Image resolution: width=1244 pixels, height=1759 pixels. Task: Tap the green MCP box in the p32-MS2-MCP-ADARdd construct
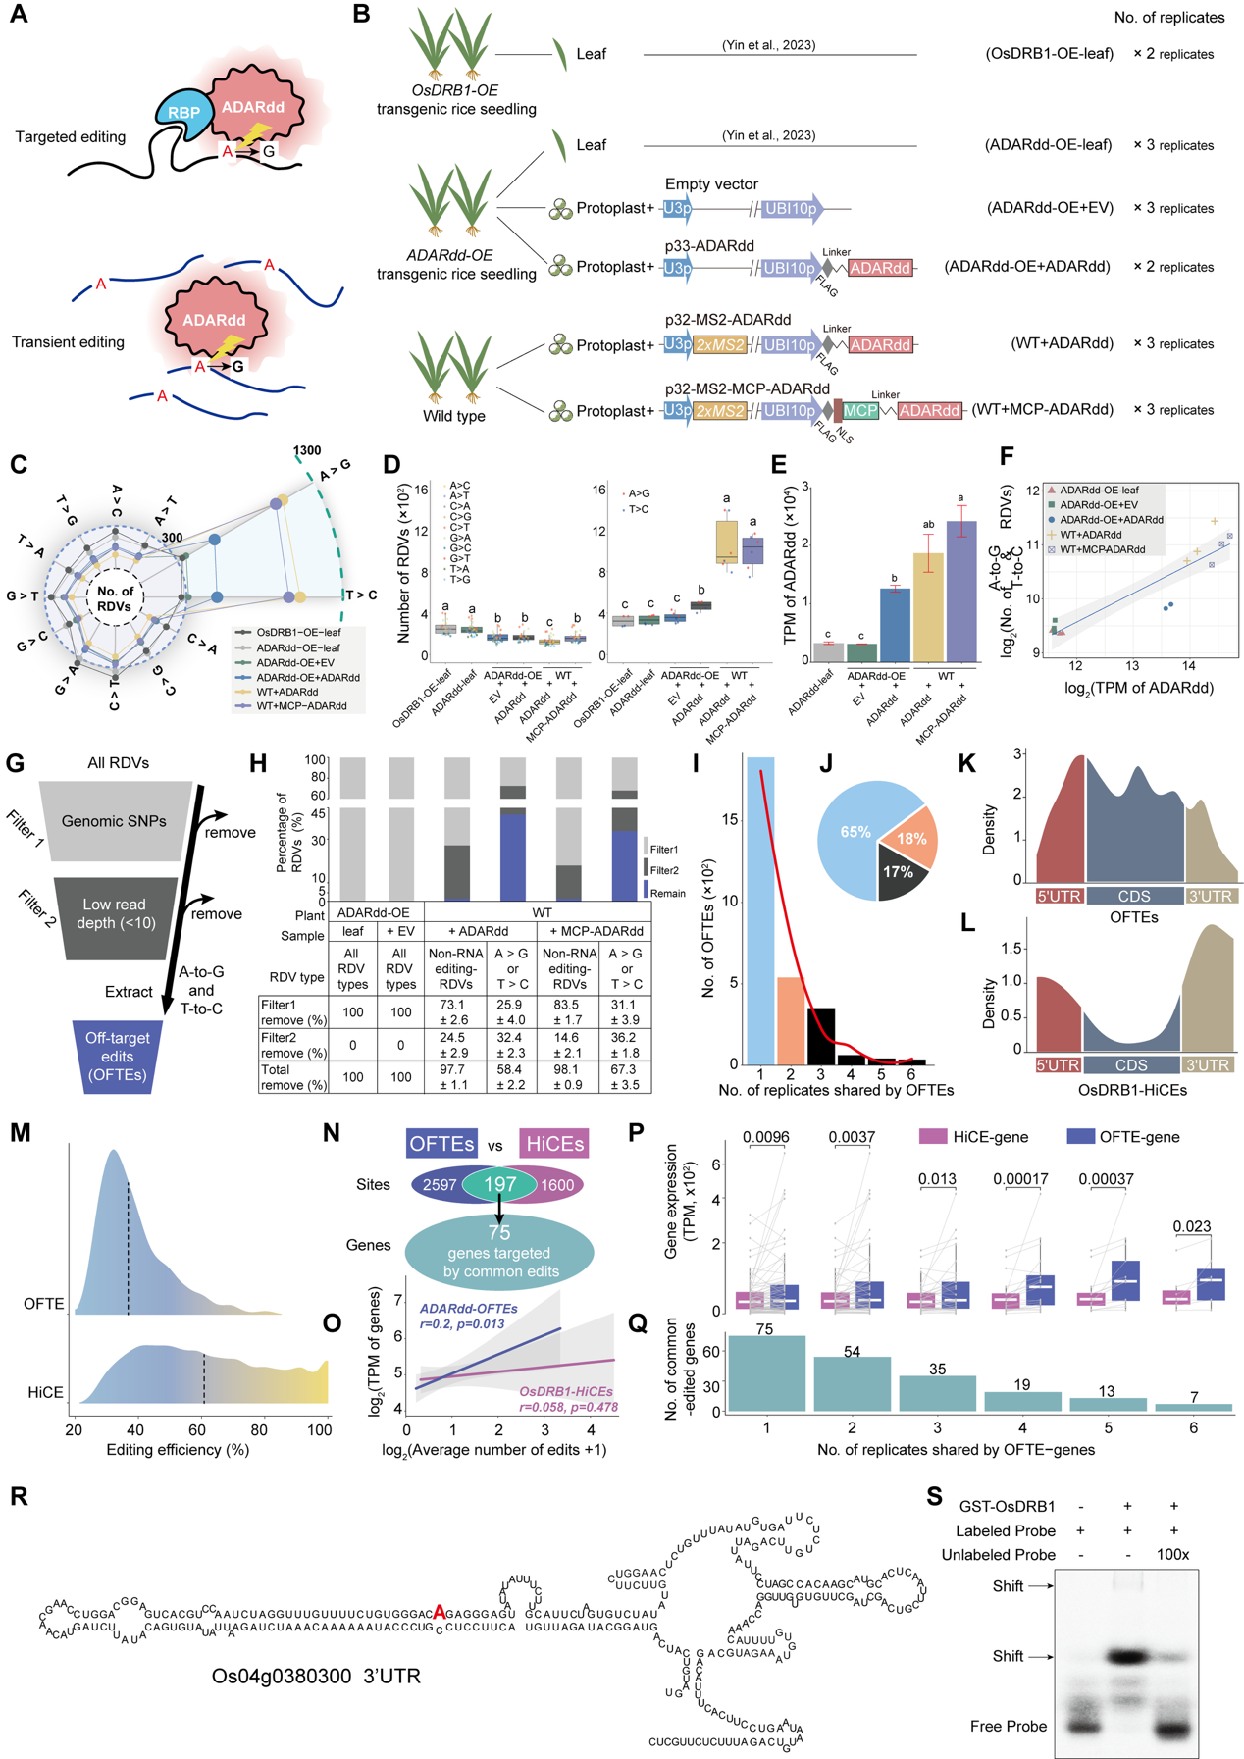point(860,411)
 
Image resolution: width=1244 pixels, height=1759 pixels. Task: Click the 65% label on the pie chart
point(855,832)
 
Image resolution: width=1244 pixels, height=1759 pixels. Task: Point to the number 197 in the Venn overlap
point(499,1184)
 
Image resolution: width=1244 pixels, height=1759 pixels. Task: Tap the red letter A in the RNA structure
point(440,1611)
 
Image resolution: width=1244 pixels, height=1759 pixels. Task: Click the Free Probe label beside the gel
point(1008,1726)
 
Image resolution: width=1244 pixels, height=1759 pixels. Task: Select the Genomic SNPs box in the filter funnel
point(114,821)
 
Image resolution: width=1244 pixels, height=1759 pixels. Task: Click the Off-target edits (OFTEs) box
point(117,1056)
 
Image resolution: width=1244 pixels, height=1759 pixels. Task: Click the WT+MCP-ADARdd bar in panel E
point(961,591)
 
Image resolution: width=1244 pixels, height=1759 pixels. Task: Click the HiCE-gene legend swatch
point(932,1136)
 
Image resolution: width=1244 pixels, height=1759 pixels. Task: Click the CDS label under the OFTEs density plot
point(1133,896)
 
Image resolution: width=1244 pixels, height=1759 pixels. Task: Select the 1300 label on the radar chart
point(307,450)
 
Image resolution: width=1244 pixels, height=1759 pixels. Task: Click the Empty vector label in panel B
point(711,183)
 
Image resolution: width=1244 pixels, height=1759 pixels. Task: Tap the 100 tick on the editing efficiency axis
point(320,1430)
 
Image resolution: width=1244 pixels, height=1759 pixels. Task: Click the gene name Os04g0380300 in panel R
point(281,1676)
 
